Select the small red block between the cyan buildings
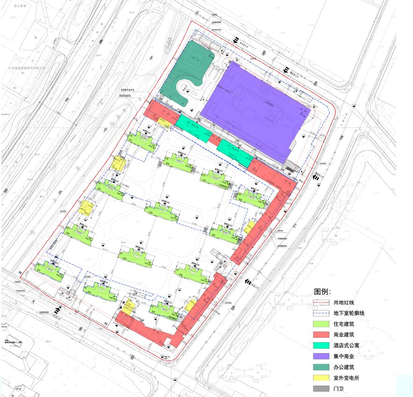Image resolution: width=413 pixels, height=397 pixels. [x=215, y=139]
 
